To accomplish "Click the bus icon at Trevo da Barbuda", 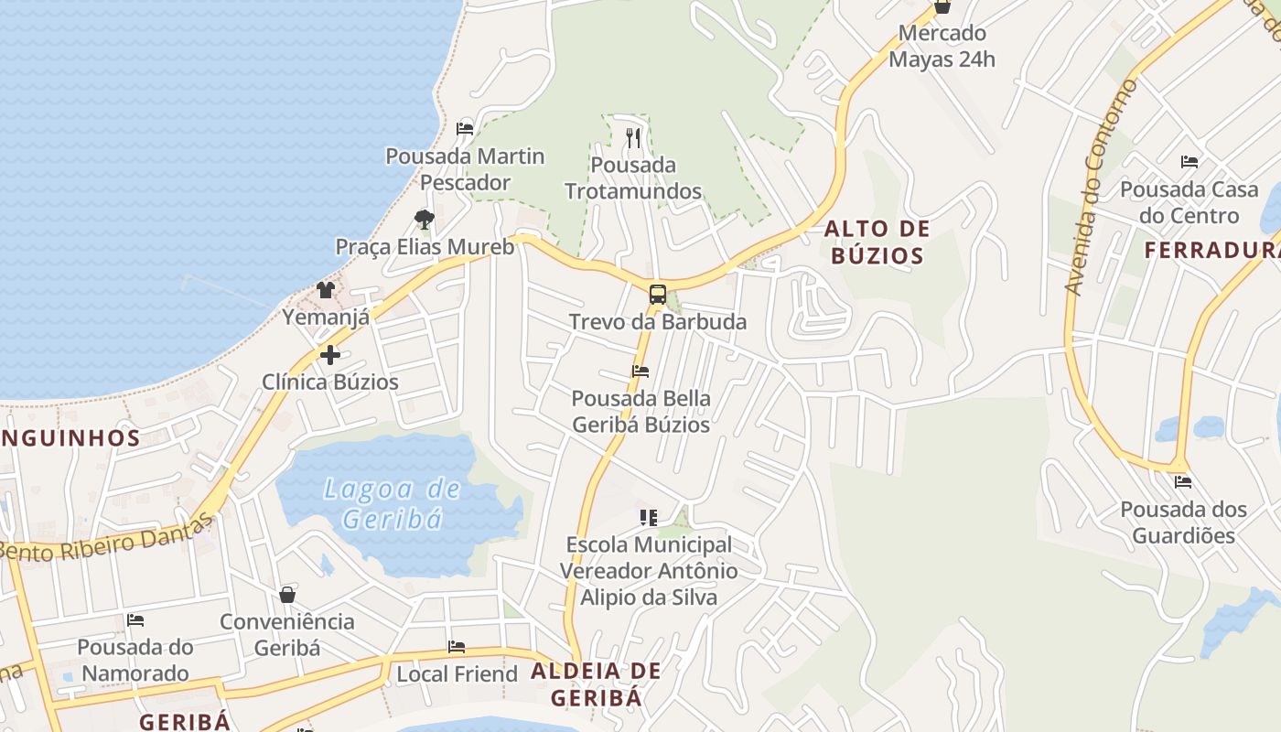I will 657,295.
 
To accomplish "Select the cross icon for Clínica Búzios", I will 330,354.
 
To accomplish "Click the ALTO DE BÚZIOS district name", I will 877,242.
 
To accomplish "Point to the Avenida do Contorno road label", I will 1100,188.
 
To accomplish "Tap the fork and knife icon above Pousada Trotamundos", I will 633,138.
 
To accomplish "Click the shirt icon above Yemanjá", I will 326,290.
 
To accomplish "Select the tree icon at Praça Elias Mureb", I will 424,219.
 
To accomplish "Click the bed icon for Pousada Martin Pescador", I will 465,128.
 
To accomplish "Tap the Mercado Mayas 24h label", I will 942,47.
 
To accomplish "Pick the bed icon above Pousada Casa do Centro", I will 1189,162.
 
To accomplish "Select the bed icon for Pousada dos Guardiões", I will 1183,481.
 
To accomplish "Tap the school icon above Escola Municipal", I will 648,518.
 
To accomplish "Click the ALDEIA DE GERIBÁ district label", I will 596,684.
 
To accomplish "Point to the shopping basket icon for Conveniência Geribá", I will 287,595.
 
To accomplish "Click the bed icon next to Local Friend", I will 457,647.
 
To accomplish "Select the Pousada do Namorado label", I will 135,660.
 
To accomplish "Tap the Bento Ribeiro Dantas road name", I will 105,540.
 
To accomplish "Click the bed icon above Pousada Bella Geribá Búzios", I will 640,371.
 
